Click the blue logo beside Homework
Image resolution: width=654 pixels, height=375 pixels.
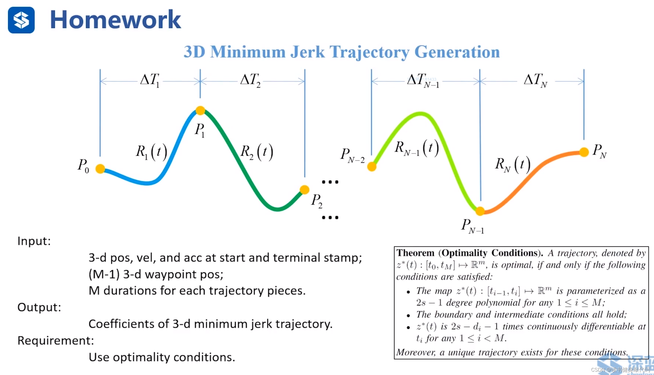(x=21, y=20)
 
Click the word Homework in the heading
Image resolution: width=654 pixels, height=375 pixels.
(x=115, y=20)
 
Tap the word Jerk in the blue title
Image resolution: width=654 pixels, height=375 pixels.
(x=308, y=52)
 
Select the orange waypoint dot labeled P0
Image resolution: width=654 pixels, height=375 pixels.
(x=100, y=168)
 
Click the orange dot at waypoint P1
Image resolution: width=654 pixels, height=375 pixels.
(x=200, y=110)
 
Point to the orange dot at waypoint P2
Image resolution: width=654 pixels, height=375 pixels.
(x=304, y=190)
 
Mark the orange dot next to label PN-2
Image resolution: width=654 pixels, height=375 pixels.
(x=372, y=167)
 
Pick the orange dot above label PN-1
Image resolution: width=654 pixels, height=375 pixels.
(x=480, y=211)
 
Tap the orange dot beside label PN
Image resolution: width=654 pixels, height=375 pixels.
(x=584, y=152)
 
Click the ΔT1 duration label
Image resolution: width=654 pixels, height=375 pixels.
(x=150, y=80)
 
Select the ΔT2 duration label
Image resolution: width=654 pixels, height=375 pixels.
(x=251, y=80)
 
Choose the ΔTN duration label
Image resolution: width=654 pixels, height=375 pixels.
(x=536, y=80)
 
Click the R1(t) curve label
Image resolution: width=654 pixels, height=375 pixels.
(x=151, y=152)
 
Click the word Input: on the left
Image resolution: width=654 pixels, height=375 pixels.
(x=34, y=241)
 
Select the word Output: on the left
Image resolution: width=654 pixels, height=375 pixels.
(x=39, y=307)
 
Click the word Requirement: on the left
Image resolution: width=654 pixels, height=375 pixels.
(x=56, y=341)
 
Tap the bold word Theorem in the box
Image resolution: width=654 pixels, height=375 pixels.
(x=415, y=253)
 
